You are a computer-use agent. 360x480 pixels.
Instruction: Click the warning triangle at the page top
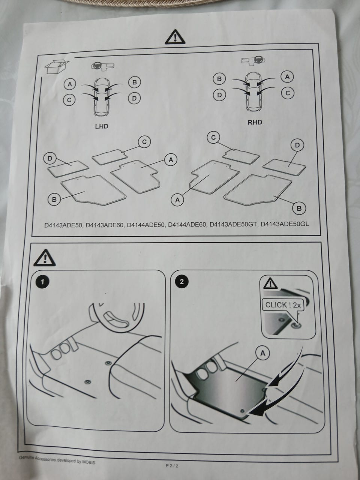175,37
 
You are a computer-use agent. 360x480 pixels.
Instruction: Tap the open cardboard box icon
57,66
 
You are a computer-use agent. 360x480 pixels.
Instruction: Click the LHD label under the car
102,126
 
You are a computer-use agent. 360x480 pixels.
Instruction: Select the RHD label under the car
255,122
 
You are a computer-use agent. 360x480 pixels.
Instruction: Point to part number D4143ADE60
104,225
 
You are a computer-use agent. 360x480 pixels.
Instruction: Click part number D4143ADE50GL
285,224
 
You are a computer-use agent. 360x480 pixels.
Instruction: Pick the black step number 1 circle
42,282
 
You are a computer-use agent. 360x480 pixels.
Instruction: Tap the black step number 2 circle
181,282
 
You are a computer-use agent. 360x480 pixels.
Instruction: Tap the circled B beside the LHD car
134,82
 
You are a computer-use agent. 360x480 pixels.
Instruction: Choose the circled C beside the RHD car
288,93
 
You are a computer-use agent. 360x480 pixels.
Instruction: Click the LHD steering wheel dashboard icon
102,66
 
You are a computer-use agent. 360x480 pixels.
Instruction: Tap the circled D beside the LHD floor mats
50,158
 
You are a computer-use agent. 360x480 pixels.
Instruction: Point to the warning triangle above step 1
44,258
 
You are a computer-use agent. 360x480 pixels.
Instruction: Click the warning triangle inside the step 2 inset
271,283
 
